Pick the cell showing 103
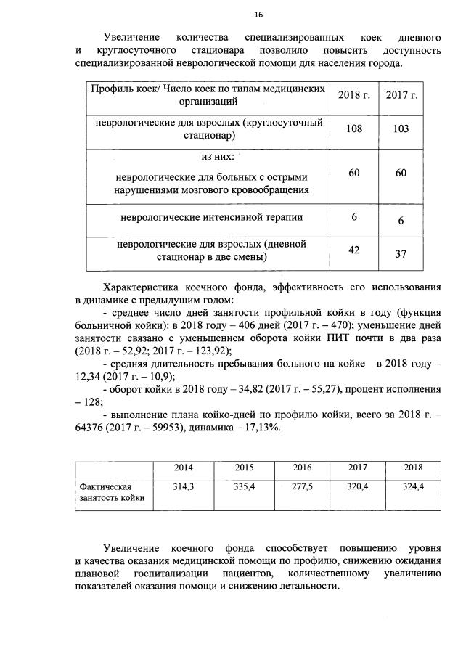396,128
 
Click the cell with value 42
353,250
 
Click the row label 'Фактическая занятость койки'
111,491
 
